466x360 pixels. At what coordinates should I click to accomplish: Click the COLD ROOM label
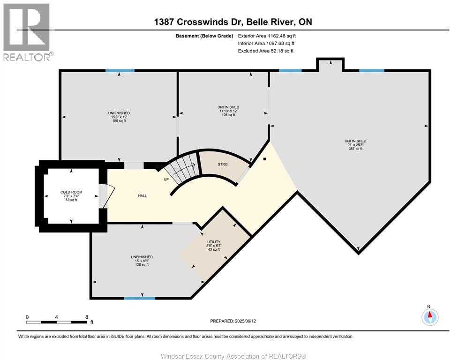tap(71, 192)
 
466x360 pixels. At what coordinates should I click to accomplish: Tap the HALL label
tap(143, 195)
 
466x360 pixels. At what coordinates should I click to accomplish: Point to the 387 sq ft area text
tap(355, 149)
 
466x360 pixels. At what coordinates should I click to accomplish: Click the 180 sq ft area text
tap(119, 121)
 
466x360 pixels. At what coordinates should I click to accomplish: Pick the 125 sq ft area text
tap(228, 115)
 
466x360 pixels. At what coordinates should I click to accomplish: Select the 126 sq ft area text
tap(142, 265)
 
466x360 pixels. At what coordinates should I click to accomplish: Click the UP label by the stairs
tap(166, 180)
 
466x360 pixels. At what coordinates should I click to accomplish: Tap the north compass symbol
tap(430, 317)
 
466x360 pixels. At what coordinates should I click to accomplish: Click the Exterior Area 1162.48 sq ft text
tap(267, 36)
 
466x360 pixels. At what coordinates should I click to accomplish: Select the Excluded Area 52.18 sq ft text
tap(266, 51)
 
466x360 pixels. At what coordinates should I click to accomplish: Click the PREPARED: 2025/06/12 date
tap(233, 321)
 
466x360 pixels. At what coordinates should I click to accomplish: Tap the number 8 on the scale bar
tap(86, 317)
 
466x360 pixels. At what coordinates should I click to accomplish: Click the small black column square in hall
tap(265, 159)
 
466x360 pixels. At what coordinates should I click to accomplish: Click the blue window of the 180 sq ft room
tap(120, 70)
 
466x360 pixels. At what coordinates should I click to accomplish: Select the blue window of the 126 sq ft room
tap(139, 298)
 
